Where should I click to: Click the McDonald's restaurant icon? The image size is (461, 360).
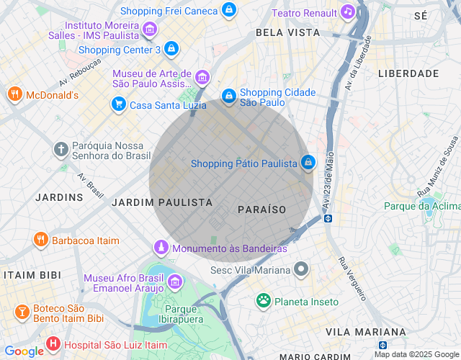click(14, 95)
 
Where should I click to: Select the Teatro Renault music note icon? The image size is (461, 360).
click(348, 12)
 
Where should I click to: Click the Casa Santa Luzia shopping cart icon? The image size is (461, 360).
click(118, 105)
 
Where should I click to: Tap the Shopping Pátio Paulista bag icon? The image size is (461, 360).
click(308, 163)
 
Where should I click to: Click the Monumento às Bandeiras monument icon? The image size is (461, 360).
click(162, 248)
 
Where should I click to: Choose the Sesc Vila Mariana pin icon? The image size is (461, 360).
click(302, 271)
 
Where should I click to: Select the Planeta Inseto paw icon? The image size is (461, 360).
click(264, 300)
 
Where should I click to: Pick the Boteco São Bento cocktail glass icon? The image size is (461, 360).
click(22, 312)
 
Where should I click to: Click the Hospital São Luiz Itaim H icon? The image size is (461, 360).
click(53, 344)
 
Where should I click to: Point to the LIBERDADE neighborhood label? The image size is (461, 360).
click(408, 73)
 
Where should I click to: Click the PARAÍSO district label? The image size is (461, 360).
click(261, 210)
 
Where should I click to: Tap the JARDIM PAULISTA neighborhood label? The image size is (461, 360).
click(162, 203)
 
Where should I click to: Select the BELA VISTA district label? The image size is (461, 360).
click(287, 32)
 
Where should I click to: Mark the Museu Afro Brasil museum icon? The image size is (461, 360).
click(174, 279)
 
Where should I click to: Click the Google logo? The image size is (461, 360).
click(24, 351)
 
